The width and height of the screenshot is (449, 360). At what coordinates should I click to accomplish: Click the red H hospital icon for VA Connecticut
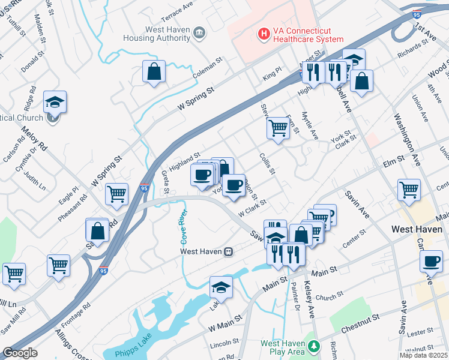pos(263,34)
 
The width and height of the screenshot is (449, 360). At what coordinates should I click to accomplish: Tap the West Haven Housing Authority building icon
pos(200,34)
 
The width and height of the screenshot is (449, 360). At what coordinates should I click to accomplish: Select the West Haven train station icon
pos(228,252)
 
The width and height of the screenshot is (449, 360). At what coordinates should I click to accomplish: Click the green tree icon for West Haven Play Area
pos(313,346)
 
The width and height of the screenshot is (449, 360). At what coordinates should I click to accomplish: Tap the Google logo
pos(19,353)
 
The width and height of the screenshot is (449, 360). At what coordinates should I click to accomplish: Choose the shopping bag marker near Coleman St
pos(154,72)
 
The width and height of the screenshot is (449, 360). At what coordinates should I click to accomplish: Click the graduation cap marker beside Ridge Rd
pos(55,102)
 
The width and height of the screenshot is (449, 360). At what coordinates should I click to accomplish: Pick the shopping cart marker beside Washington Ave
pos(409,189)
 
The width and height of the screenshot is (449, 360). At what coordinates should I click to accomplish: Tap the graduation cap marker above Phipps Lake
pos(221,288)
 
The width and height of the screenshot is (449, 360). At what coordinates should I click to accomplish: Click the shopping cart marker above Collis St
pos(277,128)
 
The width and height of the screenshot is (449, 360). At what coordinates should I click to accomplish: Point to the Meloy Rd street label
pos(34,138)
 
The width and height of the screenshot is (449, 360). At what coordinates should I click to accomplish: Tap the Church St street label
pos(328,297)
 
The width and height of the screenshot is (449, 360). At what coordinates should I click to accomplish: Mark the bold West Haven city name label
pos(416,229)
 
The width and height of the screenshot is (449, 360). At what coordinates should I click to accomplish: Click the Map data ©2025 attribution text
pos(423,355)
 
